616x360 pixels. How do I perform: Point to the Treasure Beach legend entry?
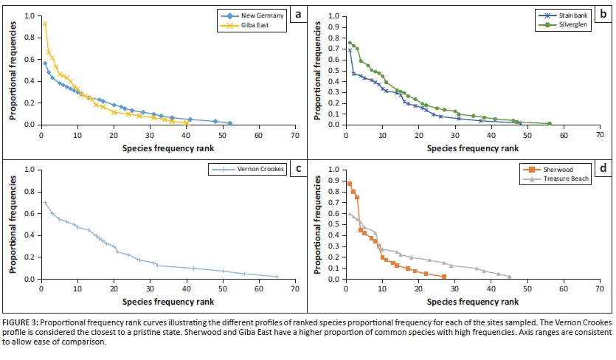coord(567,179)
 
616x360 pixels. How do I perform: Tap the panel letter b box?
coord(603,13)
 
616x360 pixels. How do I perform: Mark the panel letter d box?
coord(603,168)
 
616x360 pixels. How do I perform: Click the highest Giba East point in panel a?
coord(45,24)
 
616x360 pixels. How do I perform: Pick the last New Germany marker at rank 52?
coord(229,123)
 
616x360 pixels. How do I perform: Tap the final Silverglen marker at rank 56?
coord(550,123)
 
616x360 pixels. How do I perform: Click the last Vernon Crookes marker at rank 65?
coord(277,277)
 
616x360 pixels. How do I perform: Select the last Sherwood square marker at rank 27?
coord(443,277)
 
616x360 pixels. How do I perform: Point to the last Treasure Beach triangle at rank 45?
coord(509,277)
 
